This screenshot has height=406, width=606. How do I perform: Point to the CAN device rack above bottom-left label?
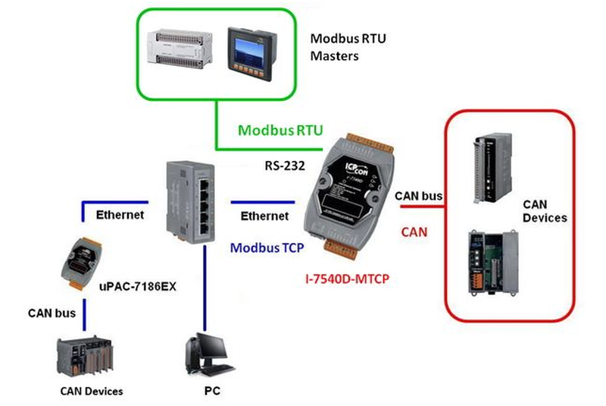[x=89, y=356]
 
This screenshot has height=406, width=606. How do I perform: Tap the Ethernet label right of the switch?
[x=264, y=216]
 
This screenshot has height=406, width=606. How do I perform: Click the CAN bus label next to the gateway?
[x=419, y=197]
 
